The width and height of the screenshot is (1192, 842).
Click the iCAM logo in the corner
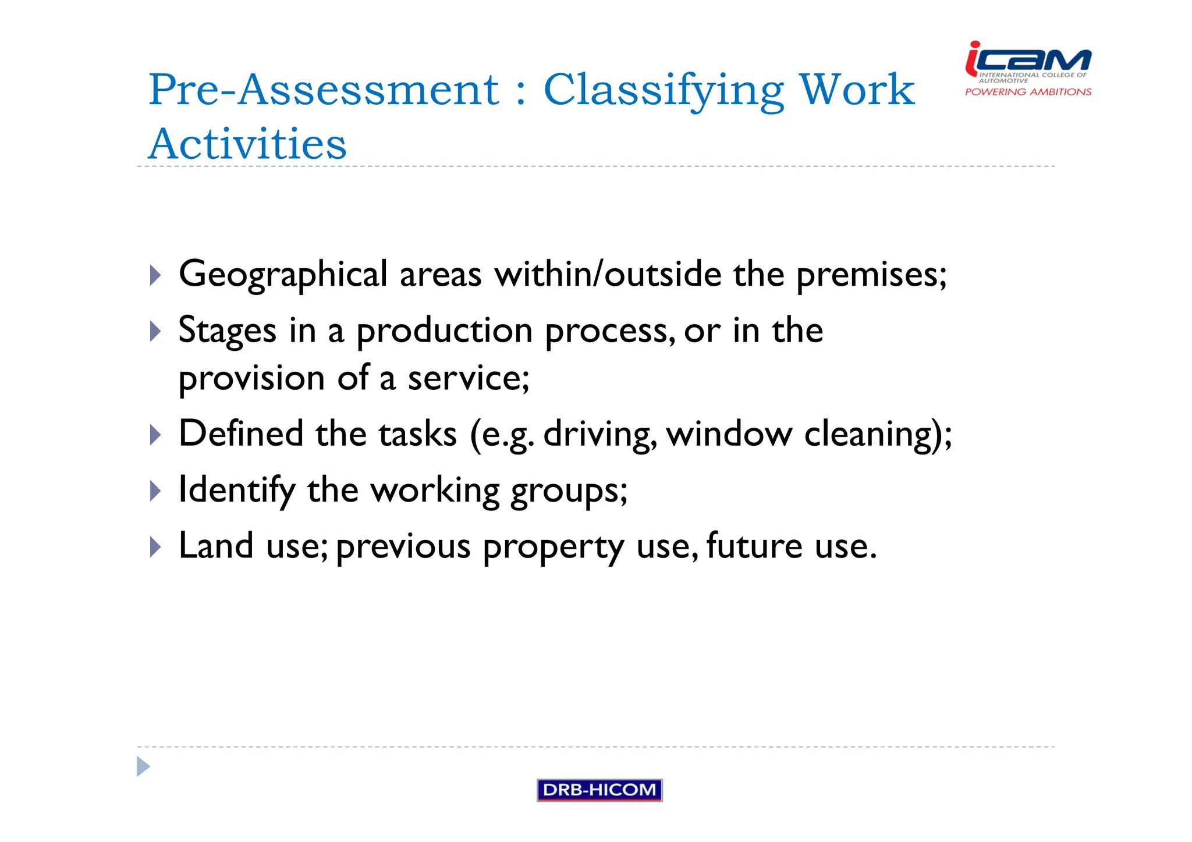[1028, 67]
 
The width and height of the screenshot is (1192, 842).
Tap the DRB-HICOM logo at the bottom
[599, 790]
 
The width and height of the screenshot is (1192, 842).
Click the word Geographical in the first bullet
[283, 274]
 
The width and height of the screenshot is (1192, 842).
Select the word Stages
[227, 331]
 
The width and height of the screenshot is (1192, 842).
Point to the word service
[468, 378]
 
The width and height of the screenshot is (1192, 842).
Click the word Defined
[241, 434]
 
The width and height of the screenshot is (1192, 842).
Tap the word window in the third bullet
[729, 434]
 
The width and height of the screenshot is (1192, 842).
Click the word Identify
[236, 490]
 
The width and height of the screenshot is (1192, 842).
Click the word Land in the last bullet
[216, 546]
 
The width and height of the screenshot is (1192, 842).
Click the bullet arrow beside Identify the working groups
[155, 491]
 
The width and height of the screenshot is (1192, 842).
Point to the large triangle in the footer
[143, 766]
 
